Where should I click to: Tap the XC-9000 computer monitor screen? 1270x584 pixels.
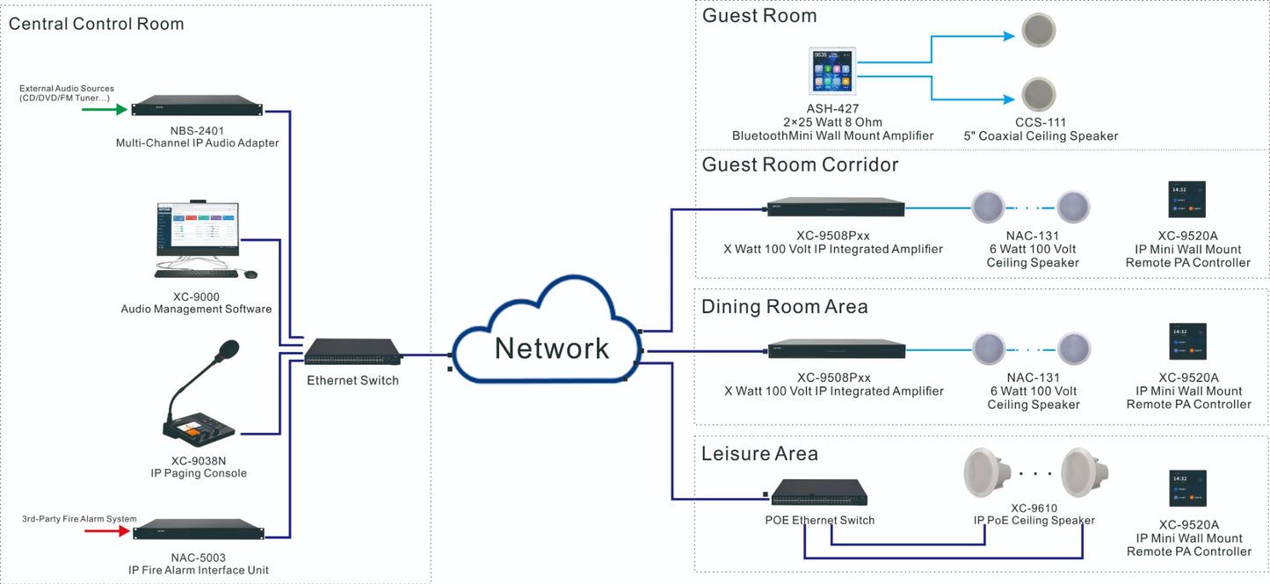198,229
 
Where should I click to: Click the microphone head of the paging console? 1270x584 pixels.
227,350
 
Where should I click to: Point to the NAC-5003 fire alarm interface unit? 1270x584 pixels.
198,530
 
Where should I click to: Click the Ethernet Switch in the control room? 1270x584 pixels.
352,352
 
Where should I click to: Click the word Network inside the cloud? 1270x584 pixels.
551,348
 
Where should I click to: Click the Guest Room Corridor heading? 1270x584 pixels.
800,164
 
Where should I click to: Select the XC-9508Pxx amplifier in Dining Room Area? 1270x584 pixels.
835,350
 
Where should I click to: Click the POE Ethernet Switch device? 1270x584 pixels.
819,493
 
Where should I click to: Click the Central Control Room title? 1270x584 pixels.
97,24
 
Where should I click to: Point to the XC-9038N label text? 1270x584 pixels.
198,460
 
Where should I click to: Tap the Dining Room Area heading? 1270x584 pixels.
784,307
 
